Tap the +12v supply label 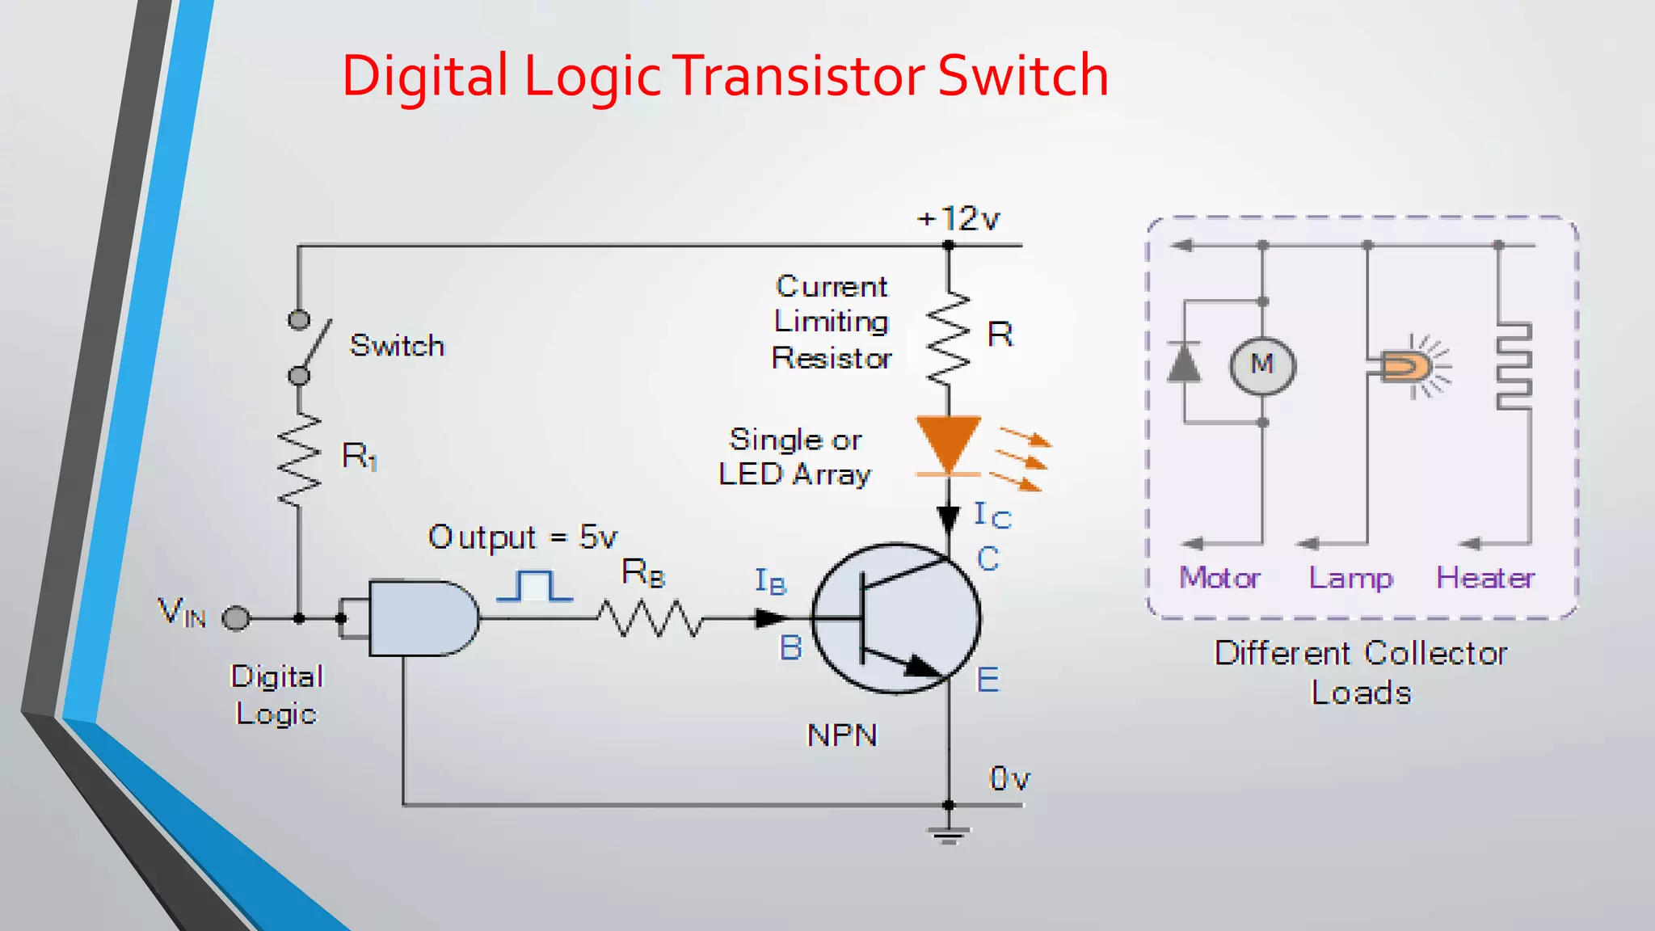[x=958, y=219]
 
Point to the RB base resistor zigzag [x=651, y=618]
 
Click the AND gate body [x=420, y=618]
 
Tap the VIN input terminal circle [x=236, y=618]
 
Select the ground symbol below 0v [x=948, y=834]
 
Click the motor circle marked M [x=1262, y=365]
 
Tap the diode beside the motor [x=1185, y=362]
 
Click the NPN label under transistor [x=842, y=735]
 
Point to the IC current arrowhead [x=948, y=519]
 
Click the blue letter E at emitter [x=988, y=680]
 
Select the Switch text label [x=397, y=346]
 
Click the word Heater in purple [x=1484, y=578]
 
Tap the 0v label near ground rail [x=1009, y=778]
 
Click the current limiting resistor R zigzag [x=948, y=338]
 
